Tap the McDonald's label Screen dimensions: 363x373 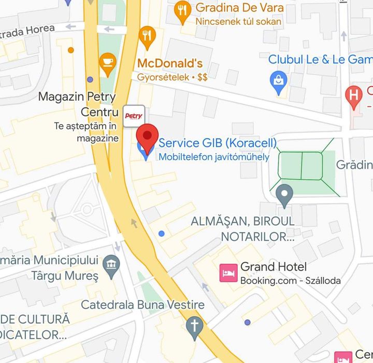(169, 63)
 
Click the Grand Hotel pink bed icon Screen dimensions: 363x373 (228, 272)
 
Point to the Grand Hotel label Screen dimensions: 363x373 (274, 267)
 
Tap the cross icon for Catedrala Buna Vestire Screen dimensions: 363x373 (194, 327)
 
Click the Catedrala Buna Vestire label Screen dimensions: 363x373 (142, 305)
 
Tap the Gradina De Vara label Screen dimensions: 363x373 (239, 8)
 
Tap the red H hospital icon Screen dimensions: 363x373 (354, 95)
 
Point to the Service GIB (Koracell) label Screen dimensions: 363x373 (218, 143)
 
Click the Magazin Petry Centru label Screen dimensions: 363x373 (78, 104)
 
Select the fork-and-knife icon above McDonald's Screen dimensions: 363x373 (148, 36)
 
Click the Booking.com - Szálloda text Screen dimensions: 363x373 (290, 281)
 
